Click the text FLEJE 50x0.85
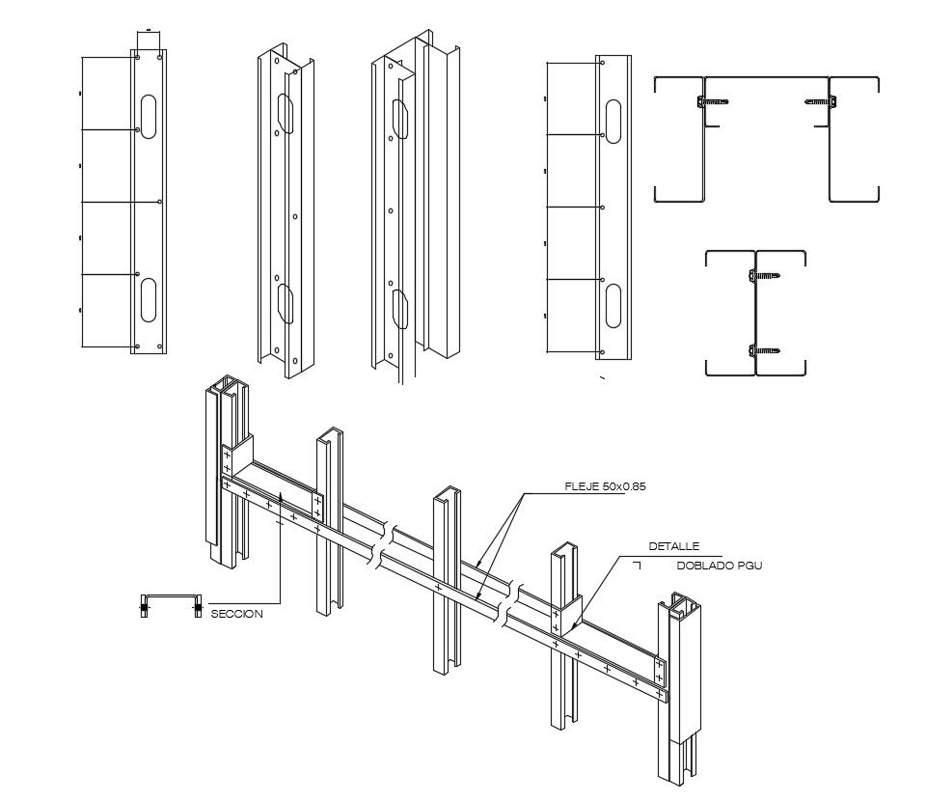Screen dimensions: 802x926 point(605,487)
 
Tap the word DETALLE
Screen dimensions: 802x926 point(673,546)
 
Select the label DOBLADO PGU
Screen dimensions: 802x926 point(719,565)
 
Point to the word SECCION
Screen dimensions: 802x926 point(236,613)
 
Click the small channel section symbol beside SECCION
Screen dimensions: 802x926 point(171,606)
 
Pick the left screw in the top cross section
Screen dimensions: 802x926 point(712,100)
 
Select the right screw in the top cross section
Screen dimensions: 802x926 point(819,100)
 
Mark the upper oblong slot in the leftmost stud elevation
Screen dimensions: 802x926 point(149,117)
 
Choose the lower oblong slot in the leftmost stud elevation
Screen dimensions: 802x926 point(149,299)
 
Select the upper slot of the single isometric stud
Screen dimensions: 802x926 point(286,114)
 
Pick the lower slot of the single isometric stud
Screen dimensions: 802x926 point(286,303)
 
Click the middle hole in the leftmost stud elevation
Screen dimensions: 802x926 point(159,202)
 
